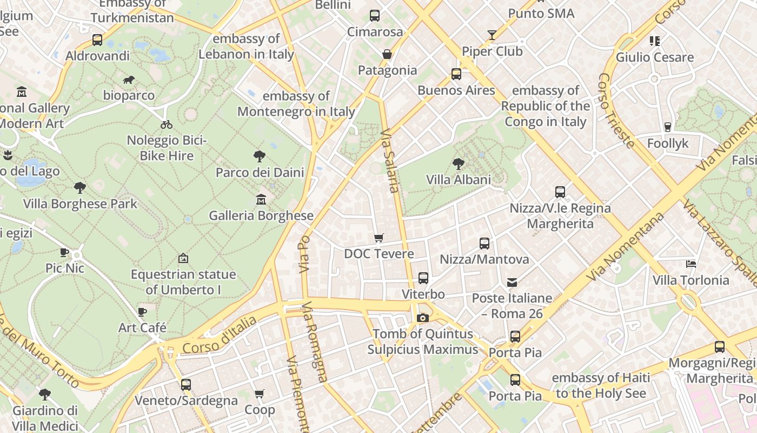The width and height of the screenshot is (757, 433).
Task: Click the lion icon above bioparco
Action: (x=129, y=80)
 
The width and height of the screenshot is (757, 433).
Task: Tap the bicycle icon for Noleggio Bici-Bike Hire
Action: (x=167, y=124)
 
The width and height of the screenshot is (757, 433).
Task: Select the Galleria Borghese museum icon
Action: (x=261, y=200)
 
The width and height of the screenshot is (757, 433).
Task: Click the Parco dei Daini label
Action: (x=260, y=172)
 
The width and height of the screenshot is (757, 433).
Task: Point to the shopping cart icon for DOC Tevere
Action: (x=379, y=238)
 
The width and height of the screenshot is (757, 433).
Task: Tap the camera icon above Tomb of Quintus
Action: (x=423, y=318)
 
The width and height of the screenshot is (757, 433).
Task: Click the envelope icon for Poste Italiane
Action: (x=512, y=282)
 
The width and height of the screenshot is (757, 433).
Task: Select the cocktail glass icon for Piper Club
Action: (x=492, y=35)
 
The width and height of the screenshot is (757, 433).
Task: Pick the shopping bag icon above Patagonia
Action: (x=387, y=54)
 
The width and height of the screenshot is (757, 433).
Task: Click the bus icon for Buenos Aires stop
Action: (x=456, y=74)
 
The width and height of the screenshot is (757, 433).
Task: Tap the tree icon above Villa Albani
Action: (x=459, y=163)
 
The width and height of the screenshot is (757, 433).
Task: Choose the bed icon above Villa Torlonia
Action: (x=690, y=264)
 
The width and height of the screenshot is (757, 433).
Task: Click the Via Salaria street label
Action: (x=390, y=160)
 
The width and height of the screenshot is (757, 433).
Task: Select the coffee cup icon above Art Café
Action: (x=142, y=312)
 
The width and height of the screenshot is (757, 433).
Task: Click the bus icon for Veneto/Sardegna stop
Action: (x=186, y=385)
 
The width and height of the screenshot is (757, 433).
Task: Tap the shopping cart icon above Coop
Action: (x=260, y=393)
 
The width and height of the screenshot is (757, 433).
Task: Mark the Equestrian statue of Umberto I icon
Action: (x=183, y=258)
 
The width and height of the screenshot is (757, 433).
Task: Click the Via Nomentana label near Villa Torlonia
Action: (x=625, y=246)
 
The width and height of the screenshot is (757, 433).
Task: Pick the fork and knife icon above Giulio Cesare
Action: (x=655, y=41)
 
